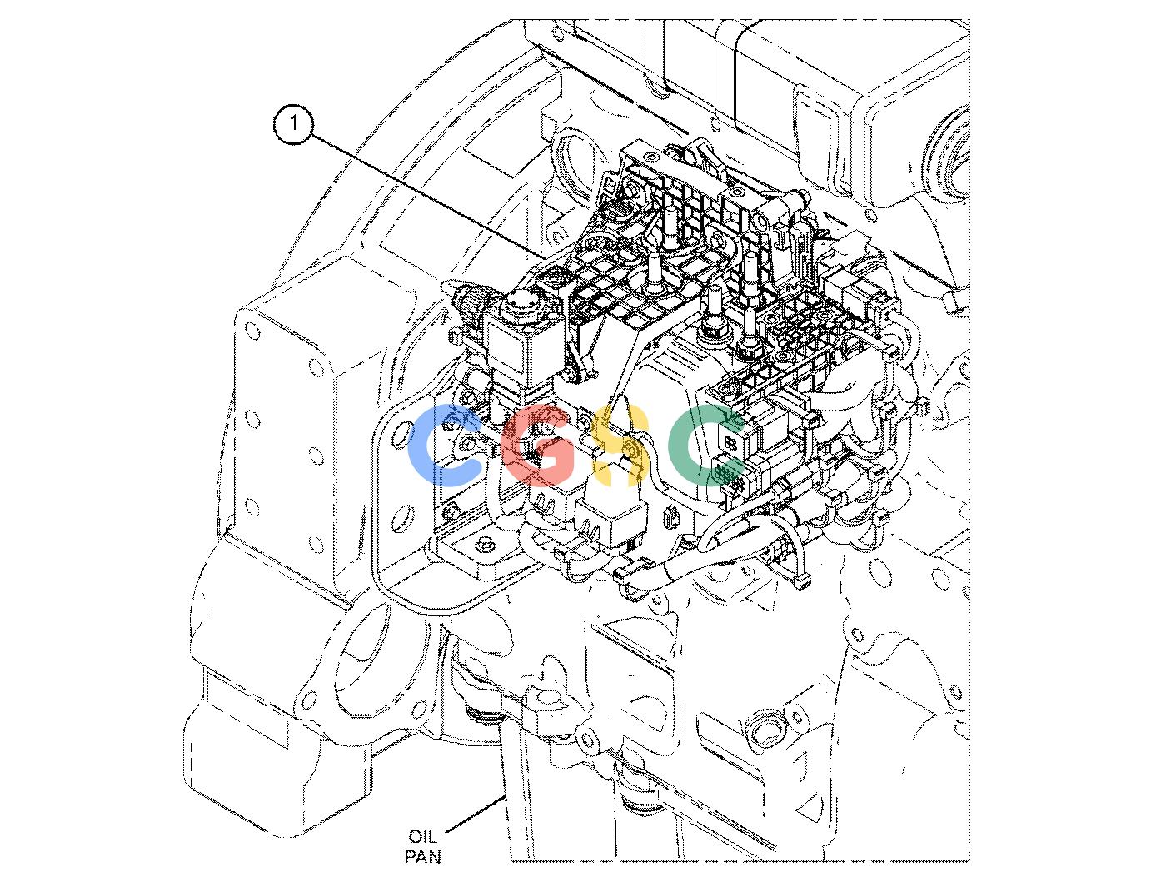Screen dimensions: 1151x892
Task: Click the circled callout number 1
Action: [293, 124]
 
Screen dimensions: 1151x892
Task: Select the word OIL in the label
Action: [422, 836]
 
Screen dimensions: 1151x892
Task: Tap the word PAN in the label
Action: [422, 856]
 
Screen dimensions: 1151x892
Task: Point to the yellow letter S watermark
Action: [619, 445]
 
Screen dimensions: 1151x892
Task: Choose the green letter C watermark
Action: [705, 445]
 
